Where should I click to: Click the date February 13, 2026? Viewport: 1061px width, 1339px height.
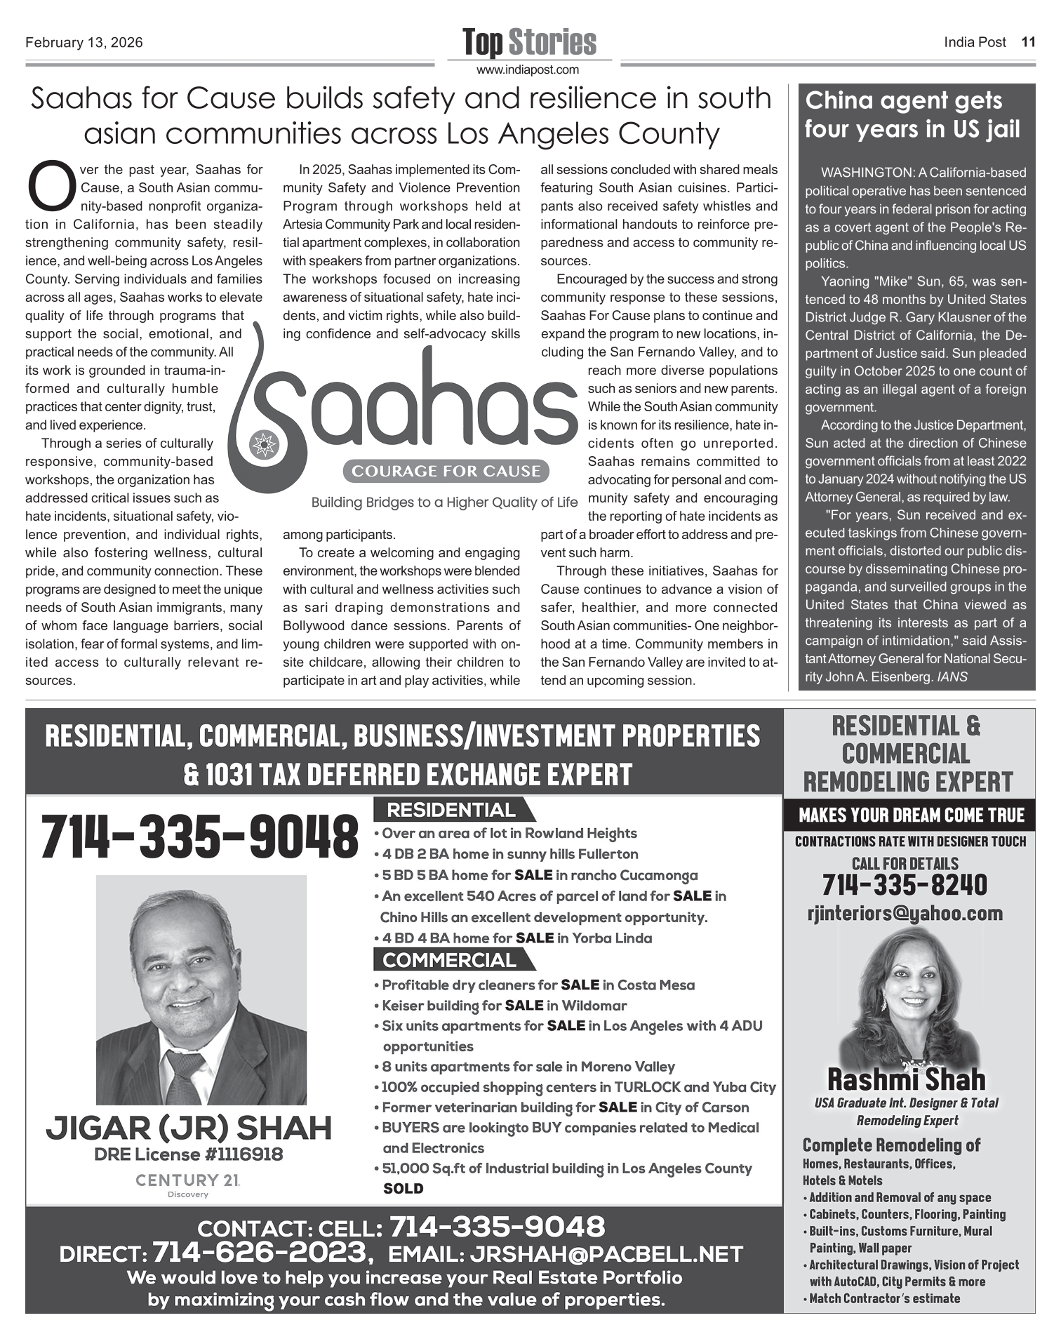[x=84, y=43]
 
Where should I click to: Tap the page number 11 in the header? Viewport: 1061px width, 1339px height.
[x=1028, y=42]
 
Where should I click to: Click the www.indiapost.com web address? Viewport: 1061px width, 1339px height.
[x=528, y=69]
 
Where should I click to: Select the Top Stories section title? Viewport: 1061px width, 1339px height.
[x=529, y=43]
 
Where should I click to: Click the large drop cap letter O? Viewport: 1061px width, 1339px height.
[x=50, y=187]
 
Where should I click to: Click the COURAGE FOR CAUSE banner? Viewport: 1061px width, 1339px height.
[x=446, y=471]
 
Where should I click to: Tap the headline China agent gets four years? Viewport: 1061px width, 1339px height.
[x=912, y=115]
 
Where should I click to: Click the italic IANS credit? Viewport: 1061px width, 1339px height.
[x=952, y=677]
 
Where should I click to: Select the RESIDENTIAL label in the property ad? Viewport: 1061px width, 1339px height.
[x=451, y=811]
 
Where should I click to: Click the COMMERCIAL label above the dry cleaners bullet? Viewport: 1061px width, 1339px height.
[x=450, y=960]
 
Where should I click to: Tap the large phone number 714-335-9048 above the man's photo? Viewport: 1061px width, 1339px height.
[x=199, y=837]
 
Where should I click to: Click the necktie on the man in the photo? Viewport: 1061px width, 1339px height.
[x=183, y=1077]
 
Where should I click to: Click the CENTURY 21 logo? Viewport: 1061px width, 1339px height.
[x=188, y=1181]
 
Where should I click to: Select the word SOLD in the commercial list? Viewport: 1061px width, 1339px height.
[x=403, y=1189]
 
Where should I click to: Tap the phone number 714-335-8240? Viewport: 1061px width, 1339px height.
[x=905, y=886]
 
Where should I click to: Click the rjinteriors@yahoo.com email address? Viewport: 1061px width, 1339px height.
[x=905, y=913]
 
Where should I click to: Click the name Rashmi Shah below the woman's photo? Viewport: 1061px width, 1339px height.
[x=906, y=1079]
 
